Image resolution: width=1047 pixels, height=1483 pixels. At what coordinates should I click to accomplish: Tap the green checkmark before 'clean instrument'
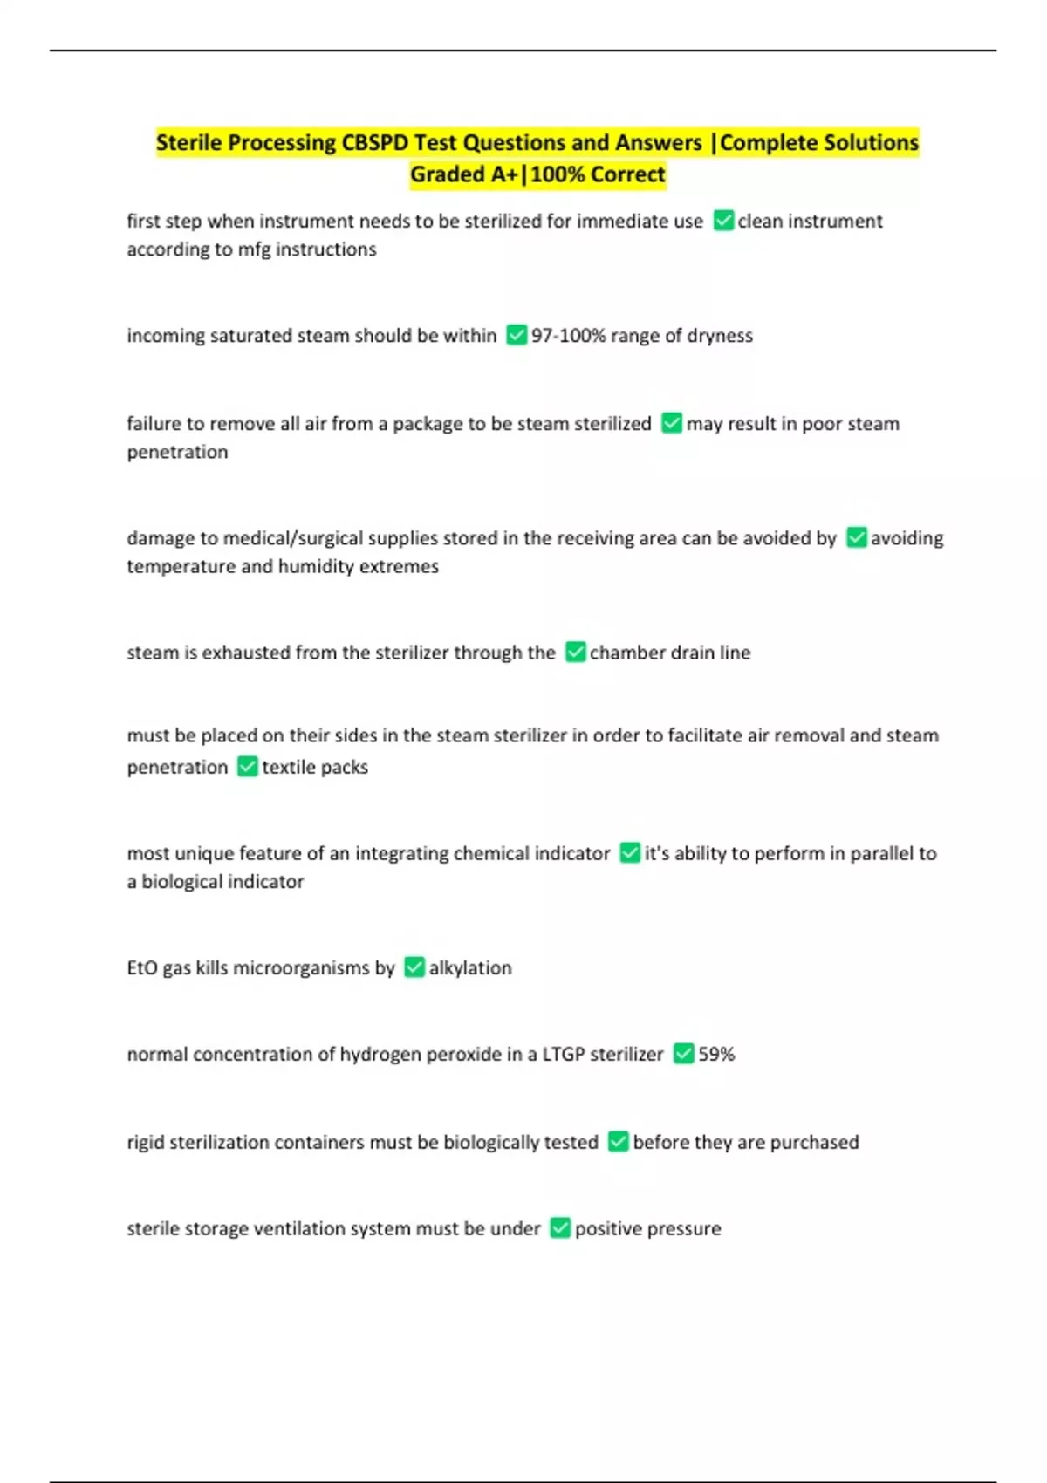(723, 221)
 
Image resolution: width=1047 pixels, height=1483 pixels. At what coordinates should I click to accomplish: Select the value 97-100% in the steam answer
(568, 336)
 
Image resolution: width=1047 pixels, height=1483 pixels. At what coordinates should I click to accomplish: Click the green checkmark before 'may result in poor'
(671, 424)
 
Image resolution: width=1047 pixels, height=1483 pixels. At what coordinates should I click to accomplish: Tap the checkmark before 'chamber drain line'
(575, 653)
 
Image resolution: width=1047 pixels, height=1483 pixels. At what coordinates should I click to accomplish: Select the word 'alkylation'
(470, 968)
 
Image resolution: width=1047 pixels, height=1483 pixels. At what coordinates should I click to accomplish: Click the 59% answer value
(716, 1055)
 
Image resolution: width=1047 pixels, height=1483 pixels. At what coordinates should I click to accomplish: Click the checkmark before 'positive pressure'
(560, 1229)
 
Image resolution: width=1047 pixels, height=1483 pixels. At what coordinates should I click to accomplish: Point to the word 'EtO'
(142, 968)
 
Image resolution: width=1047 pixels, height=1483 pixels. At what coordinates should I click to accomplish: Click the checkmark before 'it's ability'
(630, 853)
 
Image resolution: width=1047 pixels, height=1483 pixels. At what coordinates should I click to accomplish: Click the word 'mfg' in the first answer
(254, 249)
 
